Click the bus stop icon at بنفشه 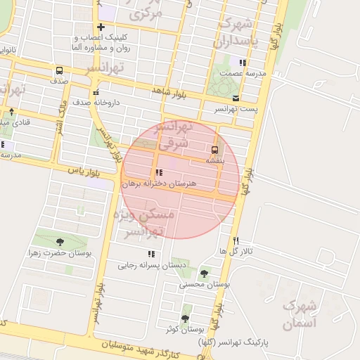pyautogui.click(x=214, y=149)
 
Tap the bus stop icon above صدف pyautogui.click(x=58, y=70)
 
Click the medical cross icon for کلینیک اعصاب pyautogui.click(x=101, y=27)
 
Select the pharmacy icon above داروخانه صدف pyautogui.click(x=96, y=92)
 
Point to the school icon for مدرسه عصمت pyautogui.click(x=243, y=63)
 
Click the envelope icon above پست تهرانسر pyautogui.click(x=236, y=98)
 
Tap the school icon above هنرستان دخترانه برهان pyautogui.click(x=159, y=173)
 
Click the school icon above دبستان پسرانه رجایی pyautogui.click(x=151, y=255)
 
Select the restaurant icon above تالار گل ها pyautogui.click(x=236, y=240)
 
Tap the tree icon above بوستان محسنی pyautogui.click(x=205, y=274)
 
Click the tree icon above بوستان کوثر pyautogui.click(x=186, y=318)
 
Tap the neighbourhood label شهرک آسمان pyautogui.click(x=300, y=315)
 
